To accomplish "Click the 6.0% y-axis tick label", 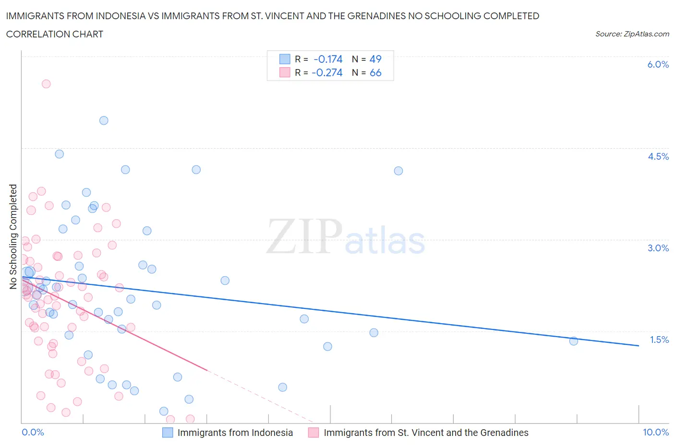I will tap(658, 64).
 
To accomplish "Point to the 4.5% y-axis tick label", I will tap(658, 156).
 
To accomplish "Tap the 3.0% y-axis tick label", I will tap(658, 248).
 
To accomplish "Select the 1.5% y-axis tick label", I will tap(659, 340).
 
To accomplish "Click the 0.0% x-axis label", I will tap(33, 432).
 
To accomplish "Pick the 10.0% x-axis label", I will tap(656, 432).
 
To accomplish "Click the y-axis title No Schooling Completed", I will tap(13, 236).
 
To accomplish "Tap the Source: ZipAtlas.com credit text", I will tap(632, 34).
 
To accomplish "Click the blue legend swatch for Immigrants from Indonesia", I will tap(168, 433).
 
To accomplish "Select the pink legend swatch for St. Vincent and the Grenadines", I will tap(313, 433).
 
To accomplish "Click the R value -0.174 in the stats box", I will tap(328, 59).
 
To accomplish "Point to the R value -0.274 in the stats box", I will tap(327, 72).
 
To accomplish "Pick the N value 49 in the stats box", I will tap(375, 59).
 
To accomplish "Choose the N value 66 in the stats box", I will tap(375, 72).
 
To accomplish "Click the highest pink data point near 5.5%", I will tap(46, 84).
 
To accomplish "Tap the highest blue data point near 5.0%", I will tap(104, 120).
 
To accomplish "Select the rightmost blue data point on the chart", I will tap(573, 341).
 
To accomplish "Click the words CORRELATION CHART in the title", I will tap(55, 34).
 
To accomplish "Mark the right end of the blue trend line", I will tap(639, 345).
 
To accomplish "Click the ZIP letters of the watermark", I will tap(304, 236).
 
